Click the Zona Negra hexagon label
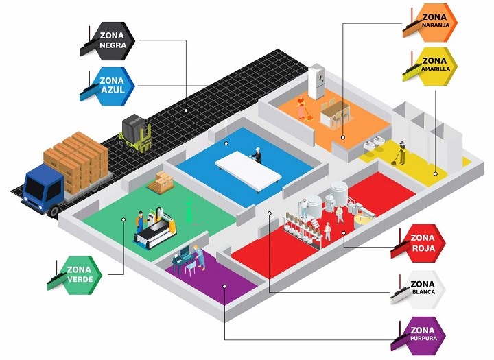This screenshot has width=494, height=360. (x=113, y=40)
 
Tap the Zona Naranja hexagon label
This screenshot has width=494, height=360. (x=431, y=23)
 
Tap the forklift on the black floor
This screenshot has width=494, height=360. (x=134, y=133)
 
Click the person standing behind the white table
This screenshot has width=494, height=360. (x=258, y=155)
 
